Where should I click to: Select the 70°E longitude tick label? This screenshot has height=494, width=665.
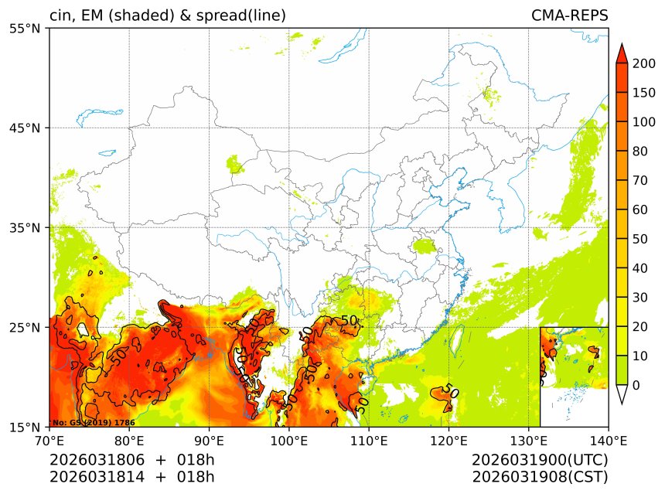(x=49, y=441)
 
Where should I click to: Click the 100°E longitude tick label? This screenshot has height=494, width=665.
(x=288, y=441)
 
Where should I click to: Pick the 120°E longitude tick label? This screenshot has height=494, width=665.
(x=448, y=441)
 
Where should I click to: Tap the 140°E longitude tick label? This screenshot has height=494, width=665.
(x=608, y=441)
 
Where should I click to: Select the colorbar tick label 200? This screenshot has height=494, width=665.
(x=644, y=64)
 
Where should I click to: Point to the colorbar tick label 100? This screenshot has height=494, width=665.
(x=644, y=122)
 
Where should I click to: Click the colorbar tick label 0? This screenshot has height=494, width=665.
(x=636, y=385)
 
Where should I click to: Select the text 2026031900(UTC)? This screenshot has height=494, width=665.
(x=540, y=461)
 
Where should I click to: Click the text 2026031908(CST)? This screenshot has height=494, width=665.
(x=540, y=477)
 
